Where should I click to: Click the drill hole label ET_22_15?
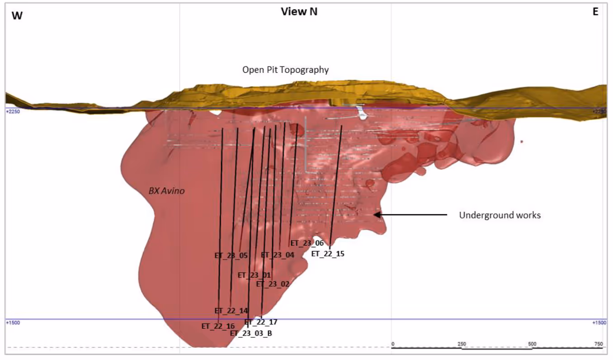(328, 254)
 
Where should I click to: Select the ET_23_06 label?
(307, 243)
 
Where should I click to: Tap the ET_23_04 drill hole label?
(278, 255)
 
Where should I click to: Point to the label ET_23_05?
(231, 256)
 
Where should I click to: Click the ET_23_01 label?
(254, 275)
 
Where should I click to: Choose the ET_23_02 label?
(273, 284)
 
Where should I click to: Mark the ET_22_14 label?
(231, 311)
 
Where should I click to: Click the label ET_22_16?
(218, 326)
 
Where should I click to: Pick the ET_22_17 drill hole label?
(261, 322)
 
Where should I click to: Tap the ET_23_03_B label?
(251, 333)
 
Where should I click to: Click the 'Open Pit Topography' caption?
(285, 70)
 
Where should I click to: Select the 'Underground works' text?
(500, 215)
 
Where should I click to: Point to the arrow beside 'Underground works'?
(411, 215)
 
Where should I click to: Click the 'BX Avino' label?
(166, 191)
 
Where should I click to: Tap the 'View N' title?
(299, 12)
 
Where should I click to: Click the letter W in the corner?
(17, 15)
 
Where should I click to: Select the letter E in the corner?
(595, 13)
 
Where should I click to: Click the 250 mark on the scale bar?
(462, 344)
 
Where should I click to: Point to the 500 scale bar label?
(532, 344)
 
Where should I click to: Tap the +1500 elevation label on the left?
(12, 323)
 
